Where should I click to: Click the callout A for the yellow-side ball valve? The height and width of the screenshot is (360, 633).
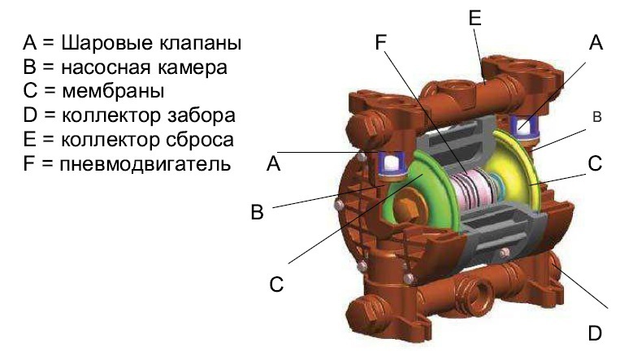point(596,45)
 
